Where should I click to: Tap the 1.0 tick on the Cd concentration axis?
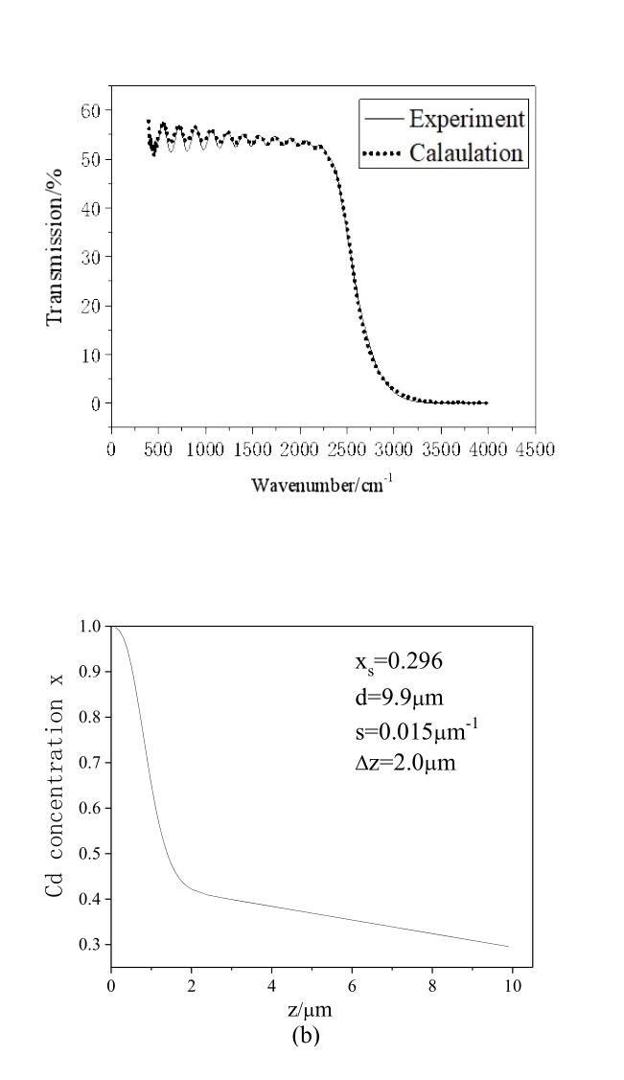(92, 627)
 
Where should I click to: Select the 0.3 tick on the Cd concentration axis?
(92, 945)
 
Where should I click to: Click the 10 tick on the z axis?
(513, 986)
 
